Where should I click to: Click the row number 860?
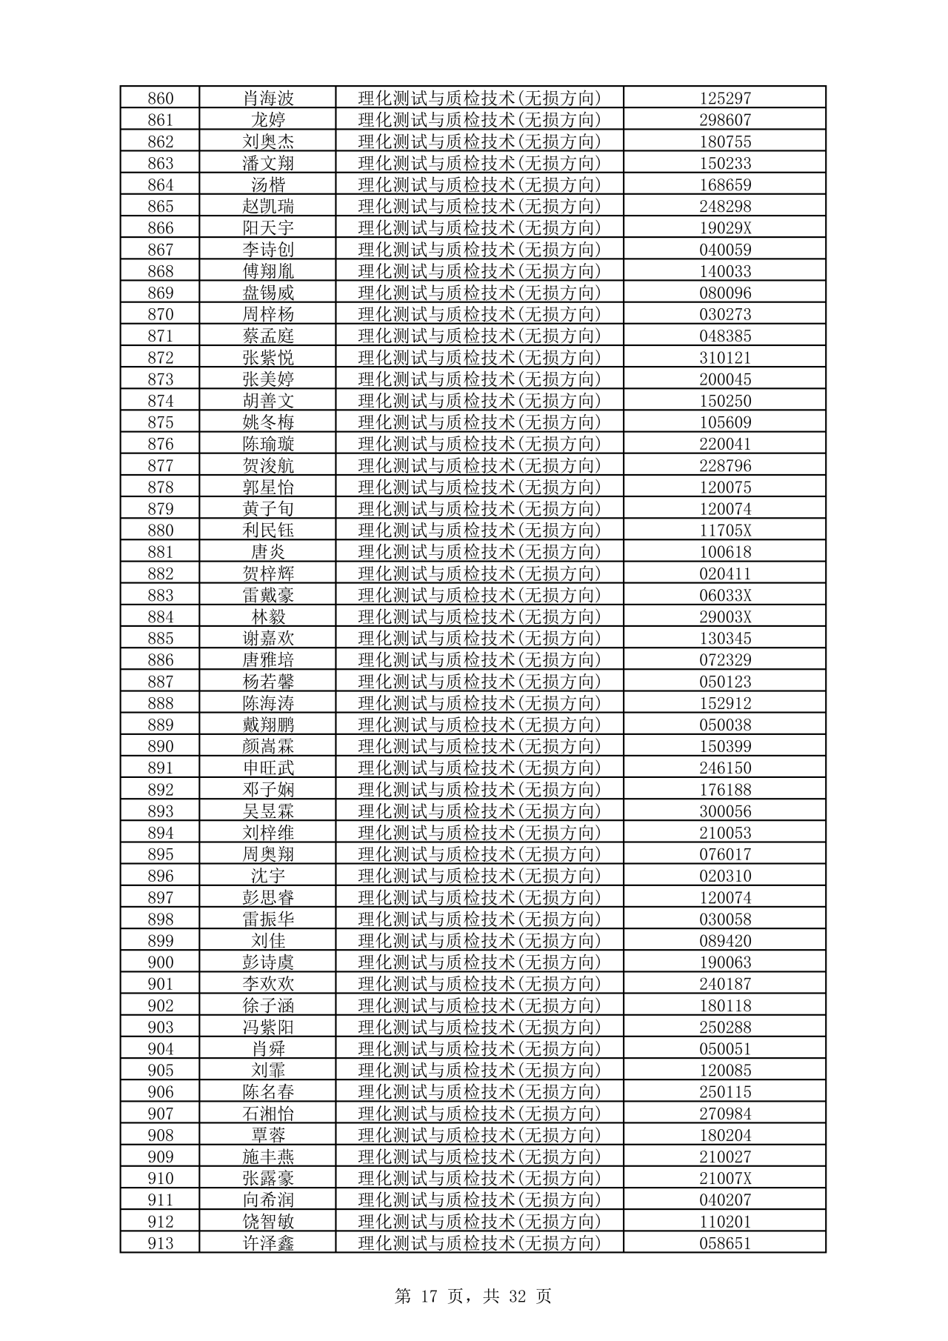click(160, 99)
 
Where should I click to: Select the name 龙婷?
click(268, 120)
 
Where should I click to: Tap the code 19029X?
click(725, 228)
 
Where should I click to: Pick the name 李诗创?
click(268, 250)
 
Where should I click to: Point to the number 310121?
click(725, 358)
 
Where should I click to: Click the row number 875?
click(160, 422)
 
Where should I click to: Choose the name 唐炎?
click(268, 552)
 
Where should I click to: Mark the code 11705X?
click(725, 530)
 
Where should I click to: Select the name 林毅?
click(268, 616)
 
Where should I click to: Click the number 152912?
click(725, 703)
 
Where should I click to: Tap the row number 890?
click(160, 746)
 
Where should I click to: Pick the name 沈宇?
click(268, 876)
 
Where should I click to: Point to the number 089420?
click(725, 941)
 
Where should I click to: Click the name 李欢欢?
click(268, 984)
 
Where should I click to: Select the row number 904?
click(160, 1048)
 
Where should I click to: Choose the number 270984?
click(725, 1114)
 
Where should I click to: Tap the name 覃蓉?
click(268, 1135)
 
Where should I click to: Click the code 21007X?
click(725, 1178)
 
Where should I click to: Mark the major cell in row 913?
click(479, 1243)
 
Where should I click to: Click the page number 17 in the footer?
click(430, 1296)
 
